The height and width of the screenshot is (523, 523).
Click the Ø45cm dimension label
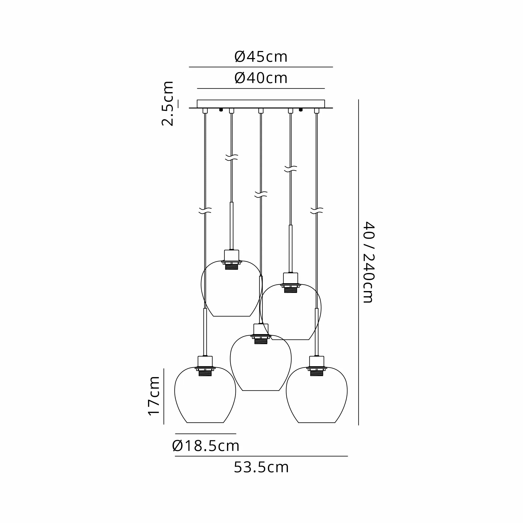tap(261, 57)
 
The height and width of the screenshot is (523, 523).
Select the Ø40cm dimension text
tap(261, 78)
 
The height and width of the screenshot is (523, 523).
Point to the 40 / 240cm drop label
tap(368, 262)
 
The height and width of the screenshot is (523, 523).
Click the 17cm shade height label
tap(154, 395)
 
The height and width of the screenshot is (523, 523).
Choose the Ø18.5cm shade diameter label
tap(206, 446)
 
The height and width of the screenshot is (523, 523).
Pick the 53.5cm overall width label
tap(261, 468)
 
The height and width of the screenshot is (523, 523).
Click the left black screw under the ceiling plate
tap(221, 110)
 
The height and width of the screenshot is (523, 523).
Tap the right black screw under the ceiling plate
tap(300, 110)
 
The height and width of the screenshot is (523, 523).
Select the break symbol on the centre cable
tap(261, 194)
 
